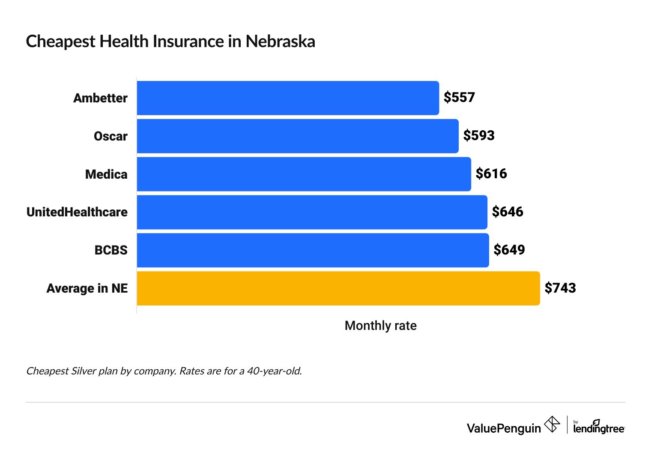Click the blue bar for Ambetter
pyautogui.click(x=288, y=98)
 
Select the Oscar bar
pyautogui.click(x=298, y=136)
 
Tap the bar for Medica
pyautogui.click(x=304, y=174)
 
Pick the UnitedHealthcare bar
pyautogui.click(x=312, y=212)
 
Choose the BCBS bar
pyautogui.click(x=313, y=250)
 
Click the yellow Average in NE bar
pyautogui.click(x=338, y=288)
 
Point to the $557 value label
pyautogui.click(x=459, y=98)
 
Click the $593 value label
pyautogui.click(x=479, y=136)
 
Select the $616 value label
pyautogui.click(x=491, y=174)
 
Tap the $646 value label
pyautogui.click(x=508, y=212)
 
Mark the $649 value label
pyautogui.click(x=509, y=250)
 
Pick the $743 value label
pyautogui.click(x=560, y=288)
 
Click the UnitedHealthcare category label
pyautogui.click(x=77, y=212)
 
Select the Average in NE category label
pyautogui.click(x=87, y=288)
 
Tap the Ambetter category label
pyautogui.click(x=100, y=98)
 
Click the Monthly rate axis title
pyautogui.click(x=380, y=326)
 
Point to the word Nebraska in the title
pyautogui.click(x=280, y=42)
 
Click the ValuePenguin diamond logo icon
pyautogui.click(x=552, y=425)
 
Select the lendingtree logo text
pyautogui.click(x=599, y=428)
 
